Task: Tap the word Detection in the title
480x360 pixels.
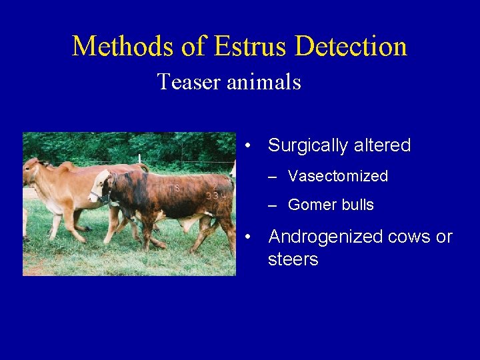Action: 351,47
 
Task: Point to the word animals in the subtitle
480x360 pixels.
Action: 264,83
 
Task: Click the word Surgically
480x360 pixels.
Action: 312,145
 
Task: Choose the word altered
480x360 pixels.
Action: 386,145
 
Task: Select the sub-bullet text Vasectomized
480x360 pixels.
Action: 337,176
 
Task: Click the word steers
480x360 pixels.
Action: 293,259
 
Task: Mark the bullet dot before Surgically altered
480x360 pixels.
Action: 247,145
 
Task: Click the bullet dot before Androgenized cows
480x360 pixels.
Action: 247,237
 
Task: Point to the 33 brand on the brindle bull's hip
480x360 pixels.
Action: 212,195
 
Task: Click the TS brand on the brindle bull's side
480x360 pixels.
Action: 174,189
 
